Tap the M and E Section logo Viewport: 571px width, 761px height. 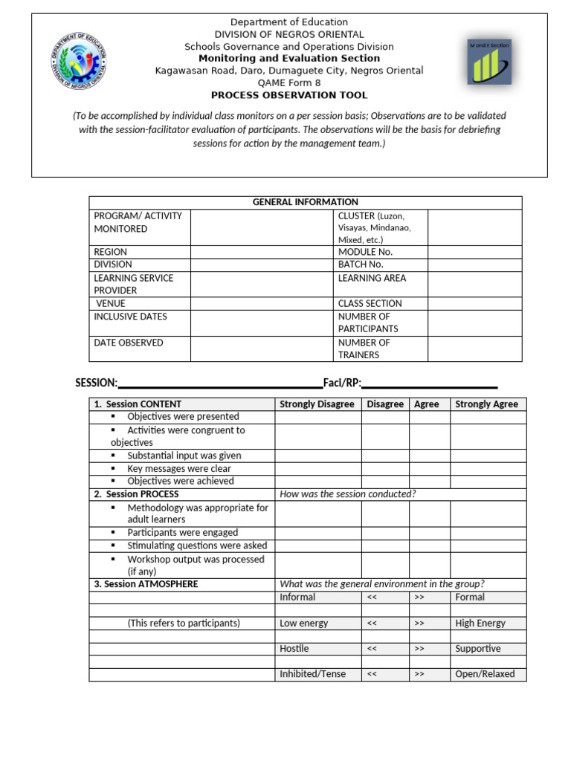point(489,62)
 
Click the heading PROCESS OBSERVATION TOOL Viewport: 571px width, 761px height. point(289,95)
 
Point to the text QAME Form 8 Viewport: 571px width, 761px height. point(289,83)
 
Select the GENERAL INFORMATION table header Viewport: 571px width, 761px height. point(305,202)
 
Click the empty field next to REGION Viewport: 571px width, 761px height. point(262,252)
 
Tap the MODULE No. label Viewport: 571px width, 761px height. point(365,252)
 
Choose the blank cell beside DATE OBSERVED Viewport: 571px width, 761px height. point(262,349)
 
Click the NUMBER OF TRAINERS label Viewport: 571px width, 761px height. point(364,349)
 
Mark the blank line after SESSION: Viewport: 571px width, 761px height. point(219,383)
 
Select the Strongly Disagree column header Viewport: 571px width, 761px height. point(317,404)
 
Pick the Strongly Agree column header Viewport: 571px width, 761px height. point(486,404)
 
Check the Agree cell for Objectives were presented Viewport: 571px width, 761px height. point(429,417)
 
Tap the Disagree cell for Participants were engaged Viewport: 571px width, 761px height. point(384,533)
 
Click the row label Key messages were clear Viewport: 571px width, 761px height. point(178,469)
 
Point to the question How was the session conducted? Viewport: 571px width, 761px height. point(347,494)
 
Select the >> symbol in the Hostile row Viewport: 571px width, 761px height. point(419,649)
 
